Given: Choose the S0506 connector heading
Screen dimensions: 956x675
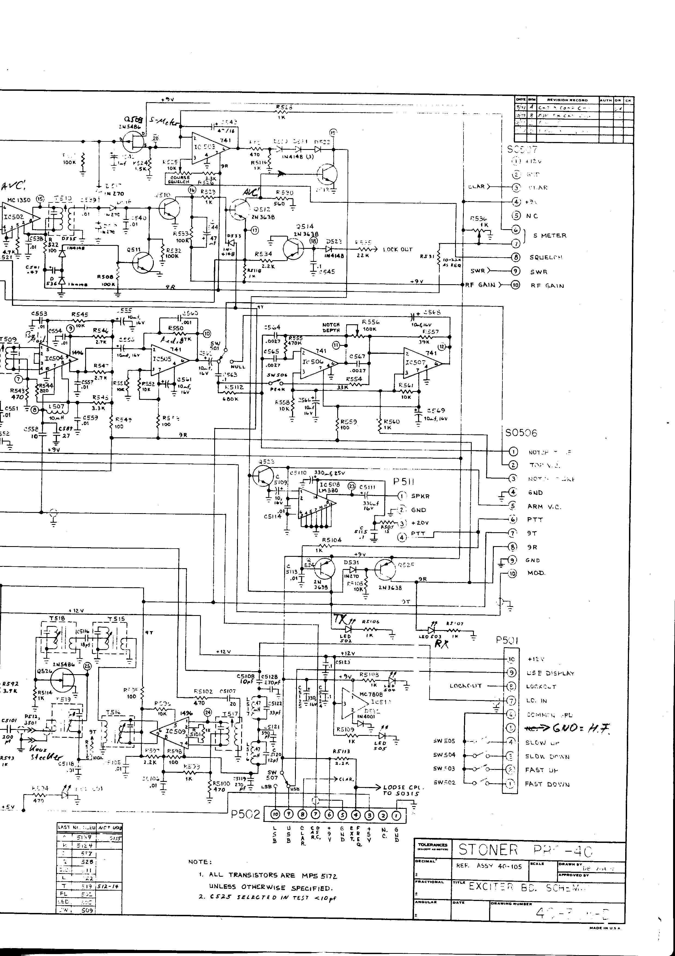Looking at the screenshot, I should click(x=521, y=433).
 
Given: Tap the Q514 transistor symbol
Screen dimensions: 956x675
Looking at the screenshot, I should click(x=293, y=249).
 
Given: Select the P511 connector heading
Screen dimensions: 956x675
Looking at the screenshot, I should click(x=403, y=482).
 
